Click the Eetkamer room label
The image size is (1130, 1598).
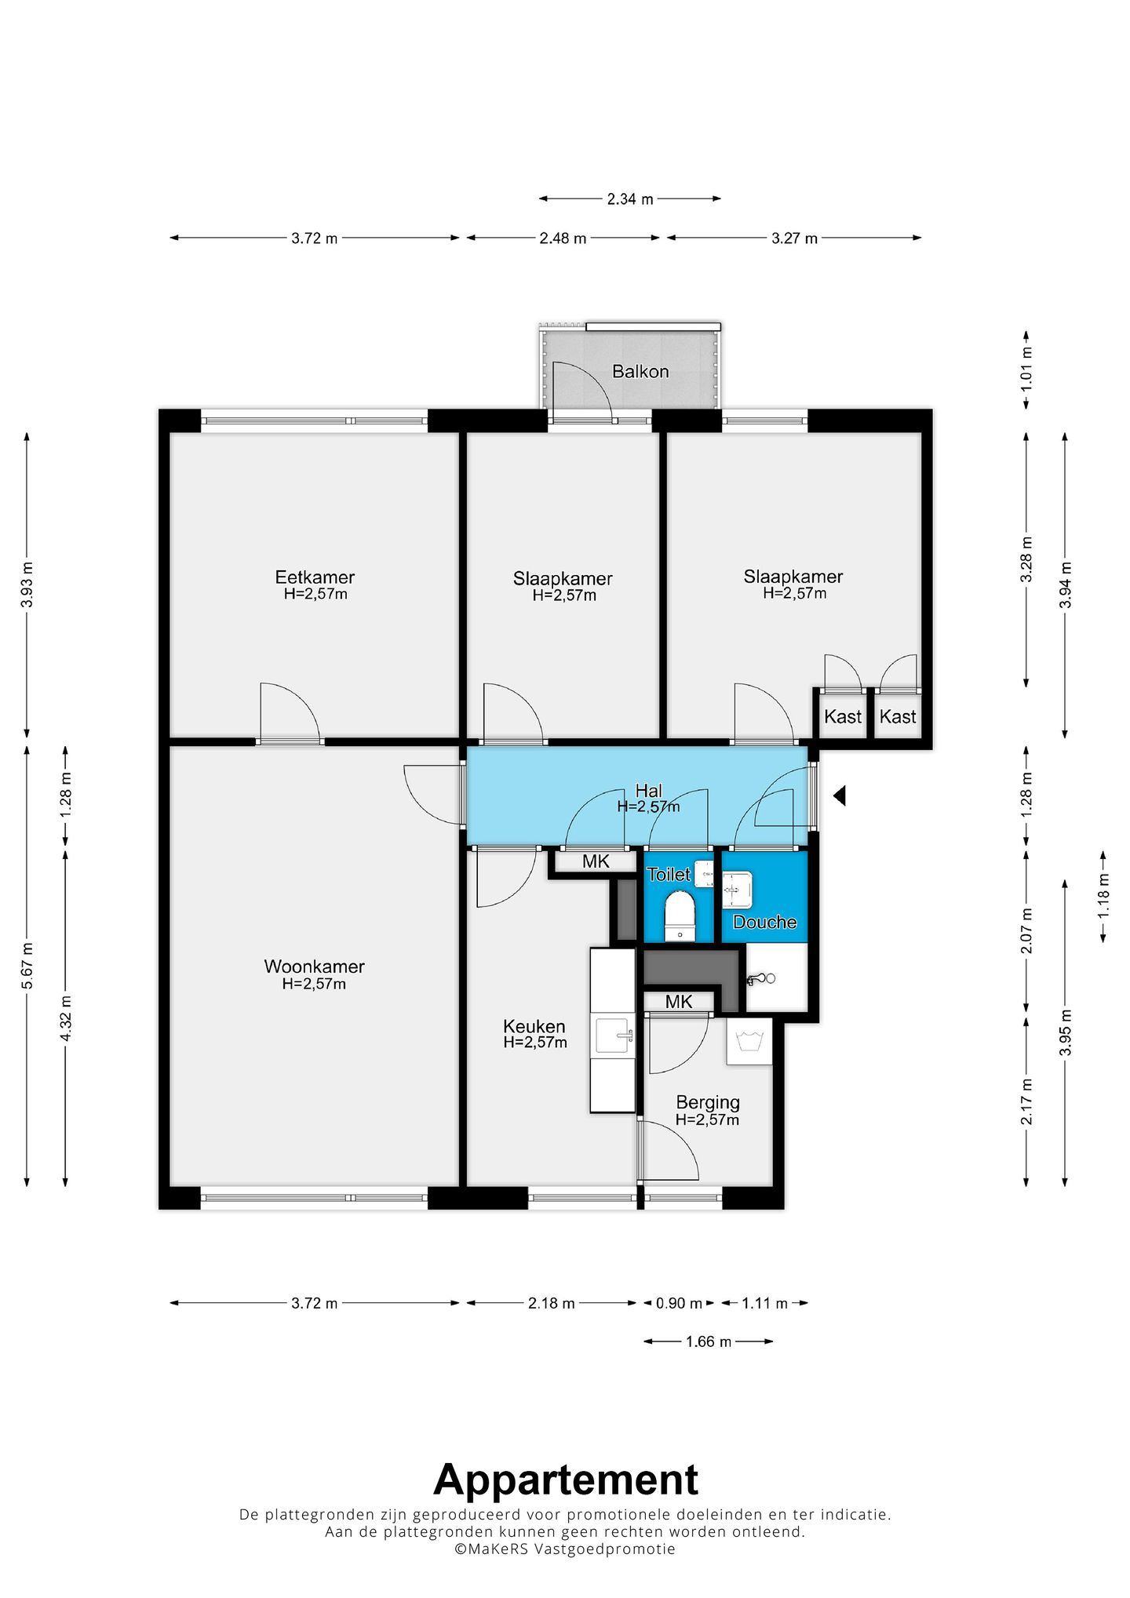[315, 577]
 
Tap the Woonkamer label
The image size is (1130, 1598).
[314, 966]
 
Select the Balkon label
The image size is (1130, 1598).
[640, 371]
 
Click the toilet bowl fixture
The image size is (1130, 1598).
[680, 915]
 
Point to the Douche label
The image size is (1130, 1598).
[764, 922]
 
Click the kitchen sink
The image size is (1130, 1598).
[614, 1036]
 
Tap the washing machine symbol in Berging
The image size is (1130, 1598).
[749, 1041]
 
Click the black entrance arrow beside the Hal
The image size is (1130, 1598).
[839, 796]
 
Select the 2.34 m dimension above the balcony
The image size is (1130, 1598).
[630, 199]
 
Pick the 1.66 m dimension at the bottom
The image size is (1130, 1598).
[709, 1341]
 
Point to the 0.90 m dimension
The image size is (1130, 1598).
[679, 1303]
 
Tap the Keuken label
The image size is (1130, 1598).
[534, 1026]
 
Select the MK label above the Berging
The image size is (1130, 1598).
[679, 1002]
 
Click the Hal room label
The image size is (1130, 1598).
[649, 791]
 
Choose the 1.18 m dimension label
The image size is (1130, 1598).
[1103, 896]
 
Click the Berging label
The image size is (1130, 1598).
[708, 1103]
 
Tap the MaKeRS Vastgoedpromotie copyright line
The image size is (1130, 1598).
[565, 1549]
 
